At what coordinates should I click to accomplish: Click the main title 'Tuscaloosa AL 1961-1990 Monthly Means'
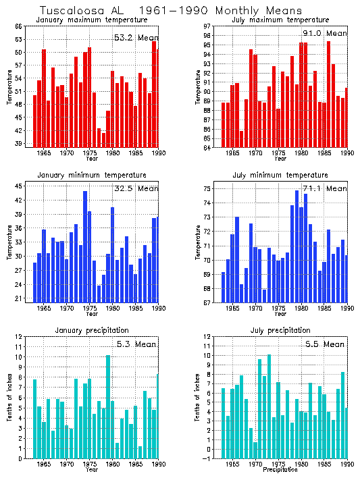pyautogui.click(x=161, y=11)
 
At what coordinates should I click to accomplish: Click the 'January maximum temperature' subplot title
pyautogui.click(x=91, y=20)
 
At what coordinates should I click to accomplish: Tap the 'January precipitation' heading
pyautogui.click(x=91, y=330)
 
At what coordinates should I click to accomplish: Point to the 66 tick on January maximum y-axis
pyautogui.click(x=19, y=26)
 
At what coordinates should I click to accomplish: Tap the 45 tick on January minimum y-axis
pyautogui.click(x=19, y=186)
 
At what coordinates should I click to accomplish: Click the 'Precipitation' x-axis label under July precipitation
pyautogui.click(x=280, y=470)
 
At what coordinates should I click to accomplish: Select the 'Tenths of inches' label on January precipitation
pyautogui.click(x=9, y=398)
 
